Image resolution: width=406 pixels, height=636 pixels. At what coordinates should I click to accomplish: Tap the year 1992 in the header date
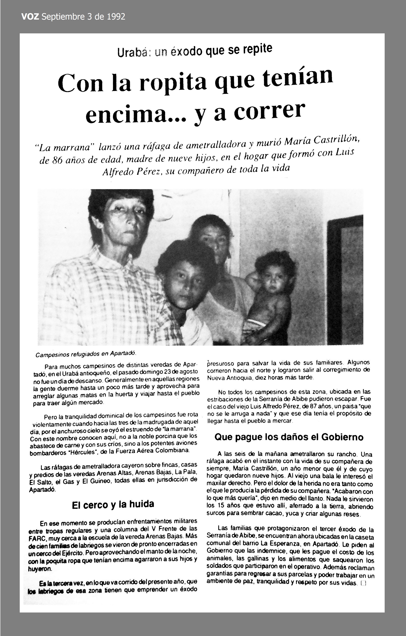click(116, 17)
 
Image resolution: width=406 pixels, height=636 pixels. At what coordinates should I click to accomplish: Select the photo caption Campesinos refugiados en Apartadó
click(86, 354)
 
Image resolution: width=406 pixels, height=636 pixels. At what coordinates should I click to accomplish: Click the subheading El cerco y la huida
click(113, 505)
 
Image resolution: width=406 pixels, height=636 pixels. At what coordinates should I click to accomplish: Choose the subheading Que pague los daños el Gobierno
click(289, 437)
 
